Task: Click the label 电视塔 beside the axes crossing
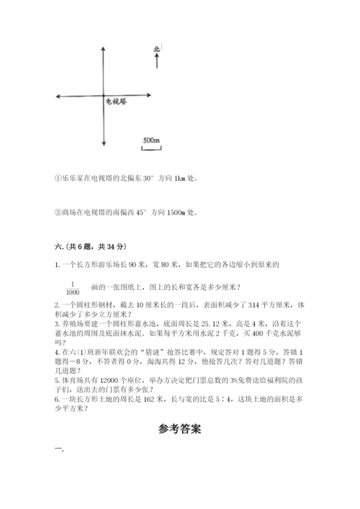pyautogui.click(x=117, y=102)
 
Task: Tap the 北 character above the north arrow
pyautogui.click(x=157, y=49)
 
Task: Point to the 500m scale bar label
pyautogui.click(x=150, y=140)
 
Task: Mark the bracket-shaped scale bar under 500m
pyautogui.click(x=150, y=148)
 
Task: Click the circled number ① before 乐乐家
pyautogui.click(x=58, y=178)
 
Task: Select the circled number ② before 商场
pyautogui.click(x=58, y=212)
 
